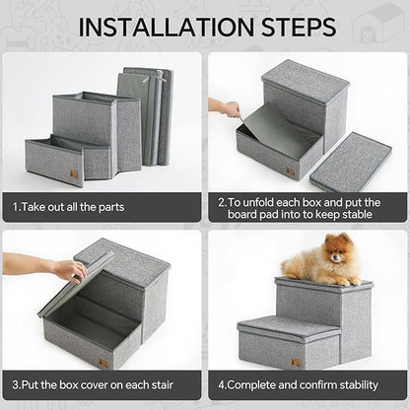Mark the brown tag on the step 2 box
pos(290,171)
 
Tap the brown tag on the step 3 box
pos(103,362)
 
